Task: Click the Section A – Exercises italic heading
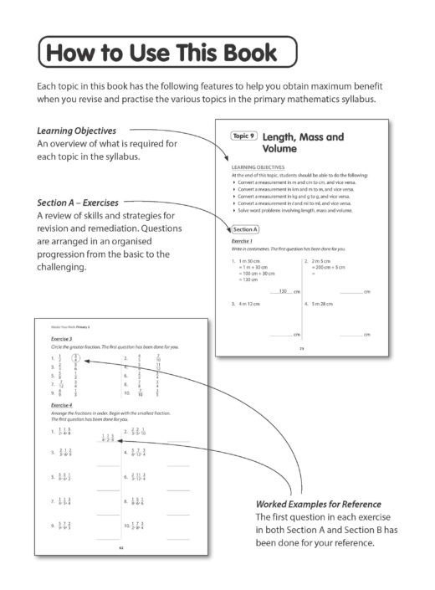[78, 203]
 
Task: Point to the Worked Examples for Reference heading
[319, 505]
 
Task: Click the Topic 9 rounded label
[243, 136]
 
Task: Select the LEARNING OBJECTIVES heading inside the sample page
[257, 167]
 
